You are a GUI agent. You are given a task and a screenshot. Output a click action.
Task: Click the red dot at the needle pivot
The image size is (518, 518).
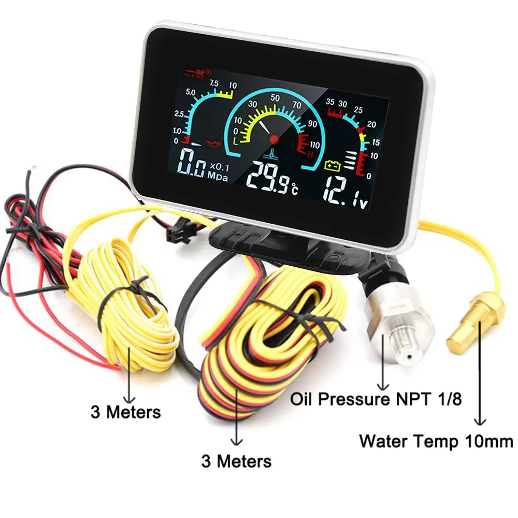click(x=274, y=139)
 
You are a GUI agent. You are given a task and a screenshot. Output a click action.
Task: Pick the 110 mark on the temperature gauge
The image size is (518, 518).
click(x=314, y=145)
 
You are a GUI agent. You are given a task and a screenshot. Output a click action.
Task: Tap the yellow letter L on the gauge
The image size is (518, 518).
click(x=236, y=140)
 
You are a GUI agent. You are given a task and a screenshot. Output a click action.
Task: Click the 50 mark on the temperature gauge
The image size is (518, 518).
click(x=276, y=98)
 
